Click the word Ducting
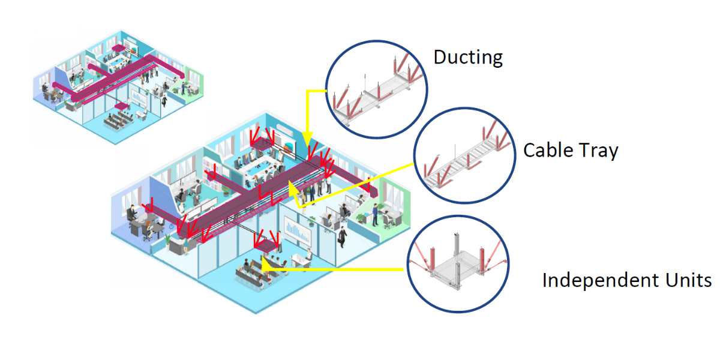468,58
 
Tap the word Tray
598,151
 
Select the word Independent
601,280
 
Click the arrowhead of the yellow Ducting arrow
308,139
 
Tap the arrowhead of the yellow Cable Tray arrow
294,189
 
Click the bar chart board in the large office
298,231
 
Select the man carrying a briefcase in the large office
343,236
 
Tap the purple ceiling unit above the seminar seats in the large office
266,246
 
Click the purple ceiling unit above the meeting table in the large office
262,145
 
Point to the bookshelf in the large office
211,172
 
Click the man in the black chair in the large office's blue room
132,215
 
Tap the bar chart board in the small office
139,98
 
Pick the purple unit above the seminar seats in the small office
121,106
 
